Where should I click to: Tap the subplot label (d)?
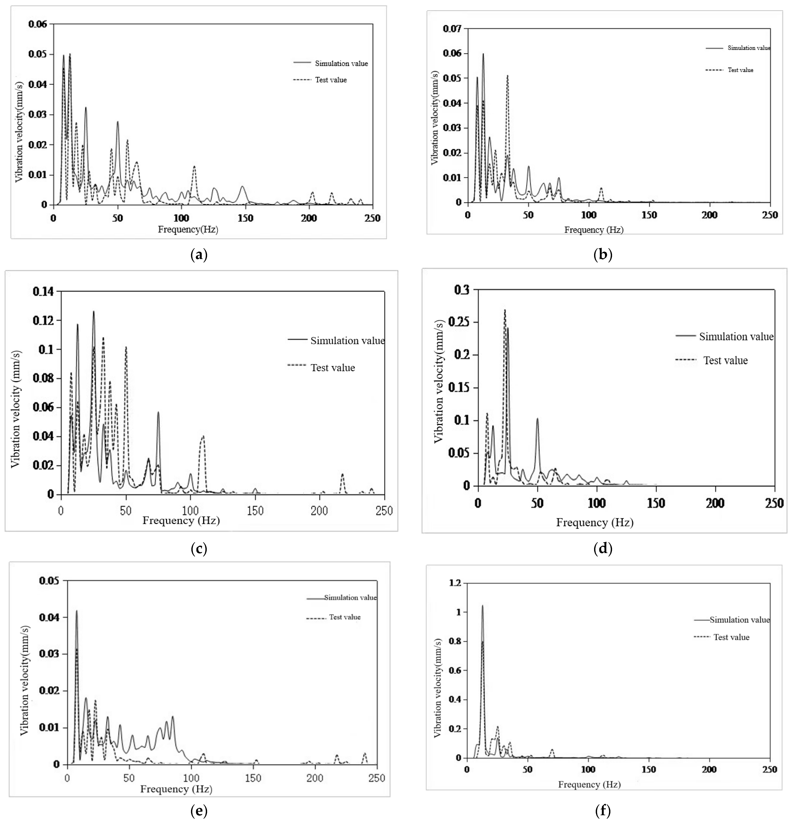click(603, 548)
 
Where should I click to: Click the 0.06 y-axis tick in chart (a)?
click(38, 24)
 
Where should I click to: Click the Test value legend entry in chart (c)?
click(333, 368)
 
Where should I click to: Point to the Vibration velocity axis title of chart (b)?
click(435, 117)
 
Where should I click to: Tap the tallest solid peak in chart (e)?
click(77, 611)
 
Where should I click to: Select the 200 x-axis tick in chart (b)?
click(709, 215)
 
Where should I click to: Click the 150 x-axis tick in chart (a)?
click(245, 218)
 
